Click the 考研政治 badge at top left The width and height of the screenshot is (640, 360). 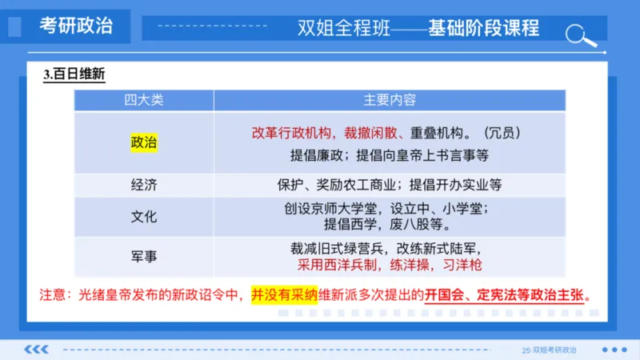76,25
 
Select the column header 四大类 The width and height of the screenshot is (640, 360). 144,100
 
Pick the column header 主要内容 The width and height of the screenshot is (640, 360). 390,100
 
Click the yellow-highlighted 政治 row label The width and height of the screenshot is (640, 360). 144,142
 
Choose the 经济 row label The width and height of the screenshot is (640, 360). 144,185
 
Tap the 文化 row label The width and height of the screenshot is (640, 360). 144,217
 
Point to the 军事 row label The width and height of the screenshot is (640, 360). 144,256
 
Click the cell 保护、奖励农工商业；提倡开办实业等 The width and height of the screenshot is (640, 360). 390,185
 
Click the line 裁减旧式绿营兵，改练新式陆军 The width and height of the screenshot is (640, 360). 390,248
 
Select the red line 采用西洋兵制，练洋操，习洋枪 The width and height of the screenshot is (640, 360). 390,264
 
